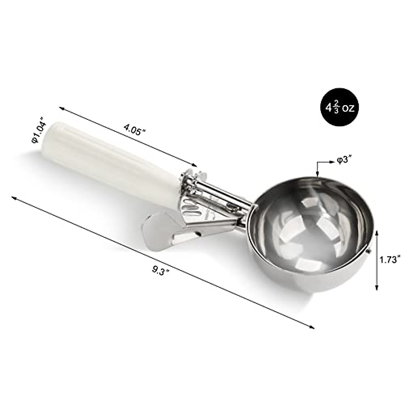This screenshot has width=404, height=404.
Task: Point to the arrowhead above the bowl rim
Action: pos(317,173)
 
